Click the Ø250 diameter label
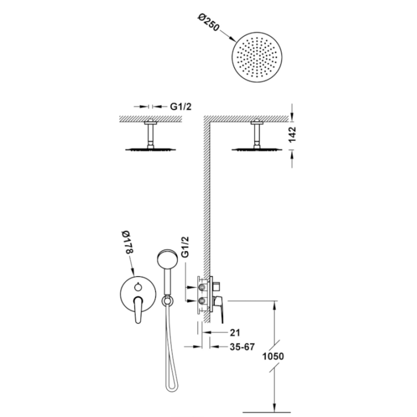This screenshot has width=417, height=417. pyautogui.click(x=209, y=22)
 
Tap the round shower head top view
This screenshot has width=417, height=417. pyautogui.click(x=257, y=57)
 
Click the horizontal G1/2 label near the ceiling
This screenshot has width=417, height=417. pyautogui.click(x=181, y=107)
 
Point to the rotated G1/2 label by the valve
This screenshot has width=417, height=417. pyautogui.click(x=185, y=247)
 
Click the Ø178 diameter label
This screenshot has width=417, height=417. pyautogui.click(x=127, y=242)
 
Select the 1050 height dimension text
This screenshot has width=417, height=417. pyautogui.click(x=273, y=356)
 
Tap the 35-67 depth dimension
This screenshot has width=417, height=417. pyautogui.click(x=242, y=347)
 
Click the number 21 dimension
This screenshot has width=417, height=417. pyautogui.click(x=235, y=332)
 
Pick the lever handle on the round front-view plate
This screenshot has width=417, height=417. pyautogui.click(x=138, y=309)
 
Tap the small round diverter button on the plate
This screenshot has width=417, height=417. pyautogui.click(x=138, y=287)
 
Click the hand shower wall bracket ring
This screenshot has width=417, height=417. pyautogui.click(x=167, y=301)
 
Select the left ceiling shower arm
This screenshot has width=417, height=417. pyautogui.click(x=151, y=134)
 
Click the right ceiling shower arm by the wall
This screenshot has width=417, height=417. pyautogui.click(x=257, y=134)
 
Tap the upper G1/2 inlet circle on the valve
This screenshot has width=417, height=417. pyautogui.click(x=202, y=287)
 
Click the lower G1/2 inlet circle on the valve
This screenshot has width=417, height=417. pyautogui.click(x=202, y=301)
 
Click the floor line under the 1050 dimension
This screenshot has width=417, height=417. pyautogui.click(x=267, y=413)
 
